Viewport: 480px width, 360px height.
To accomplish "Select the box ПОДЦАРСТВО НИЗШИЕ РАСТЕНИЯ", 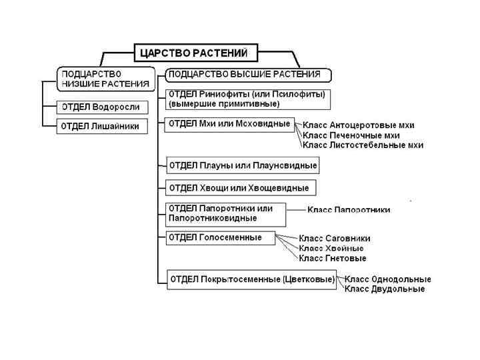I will coord(104,78).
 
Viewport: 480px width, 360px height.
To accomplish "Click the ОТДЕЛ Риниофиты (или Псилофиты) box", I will coord(247,99).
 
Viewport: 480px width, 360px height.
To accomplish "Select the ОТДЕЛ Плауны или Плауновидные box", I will coord(243,165).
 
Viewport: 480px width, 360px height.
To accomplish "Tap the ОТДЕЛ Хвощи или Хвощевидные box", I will coord(239,187).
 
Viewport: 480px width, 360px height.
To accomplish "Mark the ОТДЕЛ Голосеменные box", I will coord(220,237).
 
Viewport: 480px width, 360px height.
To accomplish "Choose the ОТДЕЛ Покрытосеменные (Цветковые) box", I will coord(251,279).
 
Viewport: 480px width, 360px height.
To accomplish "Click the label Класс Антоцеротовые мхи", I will coord(358,125).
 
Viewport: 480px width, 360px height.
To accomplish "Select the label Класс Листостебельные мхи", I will coord(363,145).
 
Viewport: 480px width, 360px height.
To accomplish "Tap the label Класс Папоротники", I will coord(349,209).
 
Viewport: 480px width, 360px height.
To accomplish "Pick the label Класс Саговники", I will coord(334,238).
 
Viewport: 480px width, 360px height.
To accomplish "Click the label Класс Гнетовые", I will coord(332,258).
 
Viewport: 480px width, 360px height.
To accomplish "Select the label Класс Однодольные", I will coord(387,279).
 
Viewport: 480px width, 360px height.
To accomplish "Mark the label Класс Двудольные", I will coord(384,289).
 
